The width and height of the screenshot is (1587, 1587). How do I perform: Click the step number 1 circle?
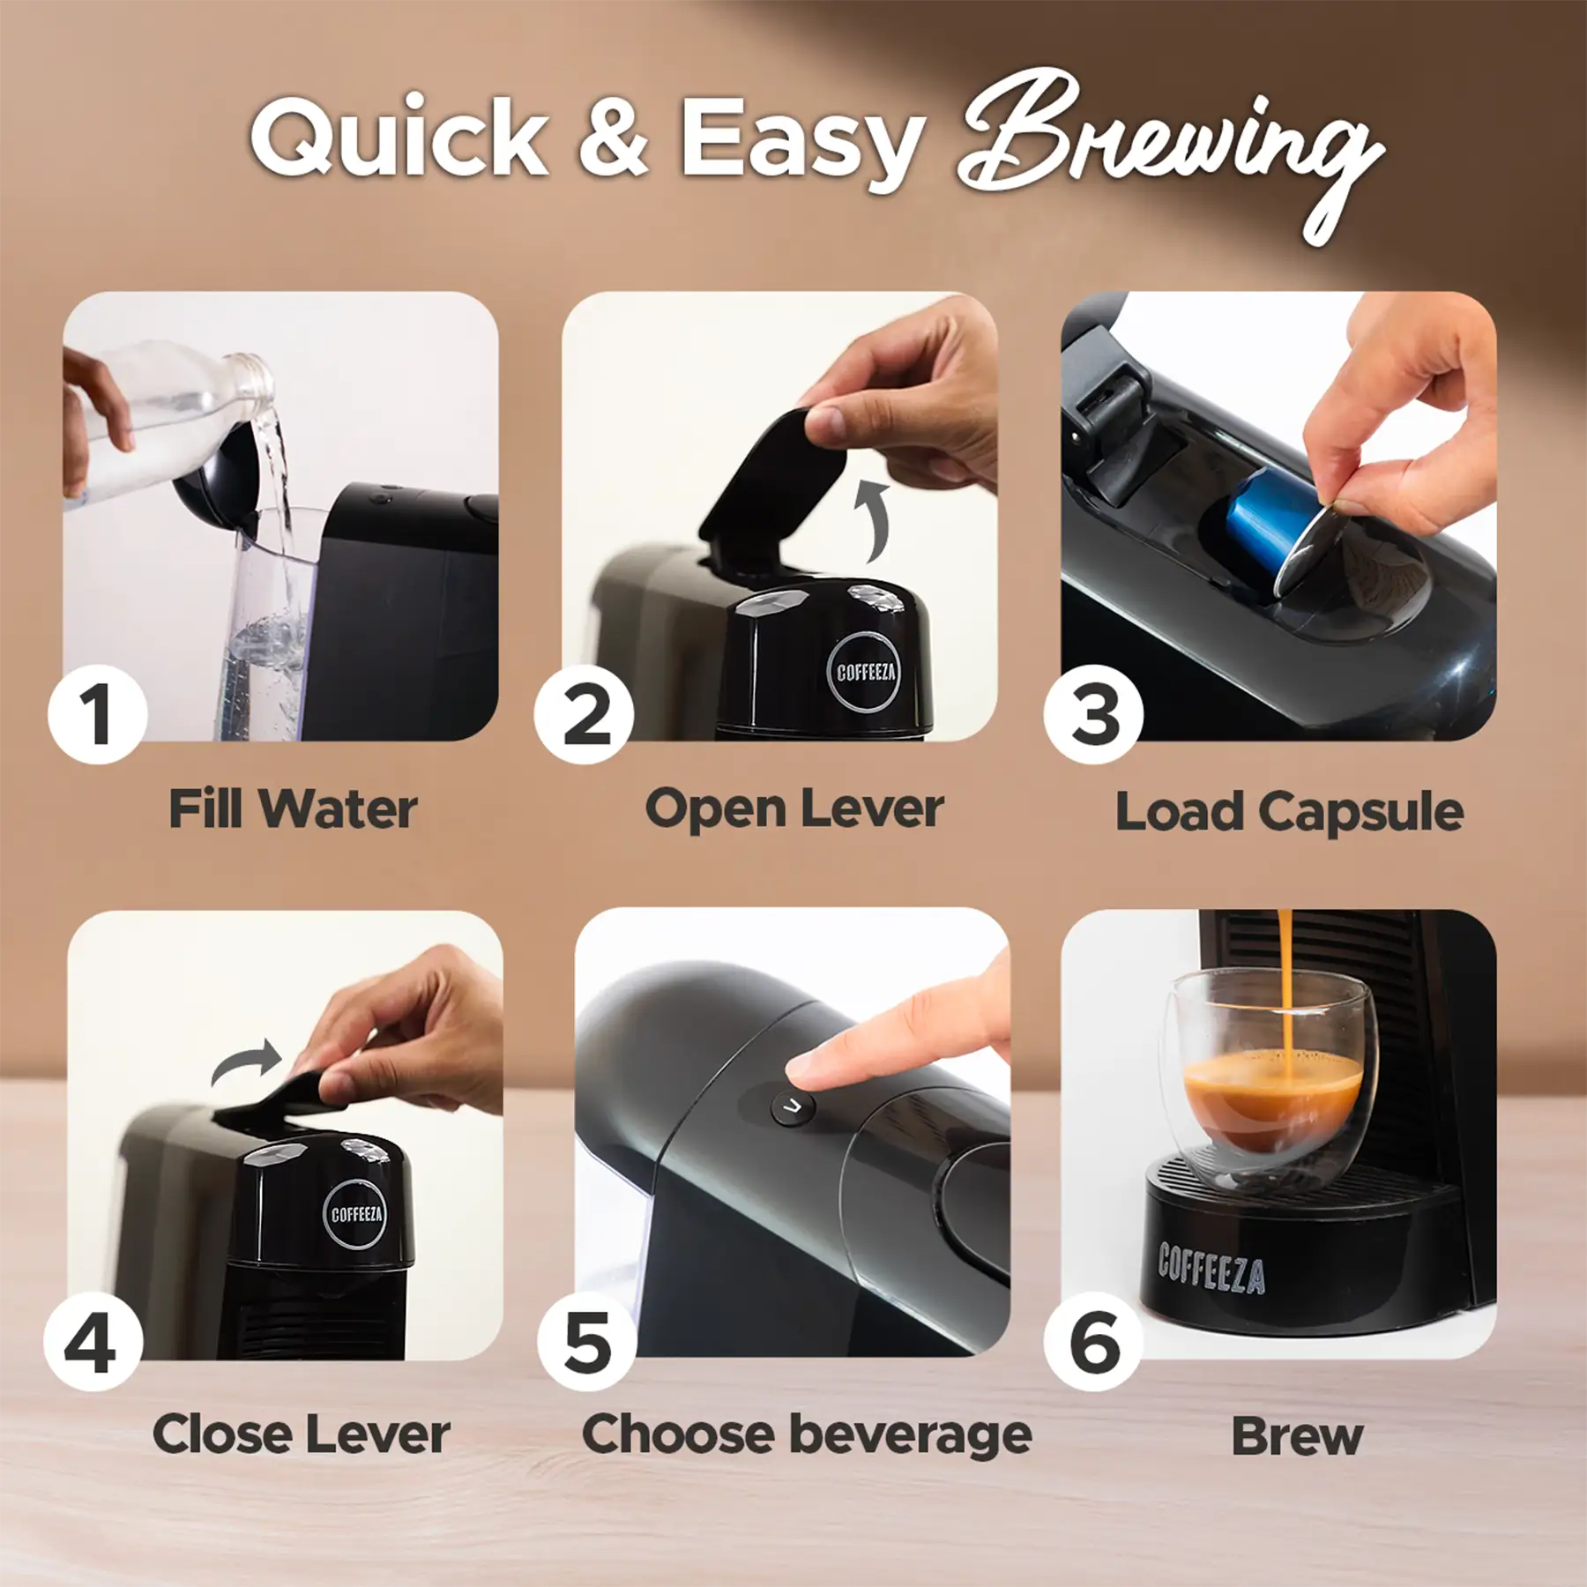click(x=98, y=714)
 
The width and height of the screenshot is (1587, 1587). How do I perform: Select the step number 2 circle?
click(x=585, y=714)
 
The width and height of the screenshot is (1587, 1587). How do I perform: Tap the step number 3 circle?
click(x=1093, y=714)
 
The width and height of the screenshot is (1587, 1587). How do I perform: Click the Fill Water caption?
click(x=292, y=809)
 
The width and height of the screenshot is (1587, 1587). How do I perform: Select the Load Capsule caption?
click(x=1289, y=812)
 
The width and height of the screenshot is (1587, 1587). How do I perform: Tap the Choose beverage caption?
click(x=807, y=1435)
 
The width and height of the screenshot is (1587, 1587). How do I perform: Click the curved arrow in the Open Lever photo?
click(x=872, y=520)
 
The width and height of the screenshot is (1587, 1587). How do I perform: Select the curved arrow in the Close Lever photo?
click(x=247, y=1062)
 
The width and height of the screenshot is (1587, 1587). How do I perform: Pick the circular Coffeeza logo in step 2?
click(x=865, y=673)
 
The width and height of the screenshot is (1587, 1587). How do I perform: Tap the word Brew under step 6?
click(x=1296, y=1437)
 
